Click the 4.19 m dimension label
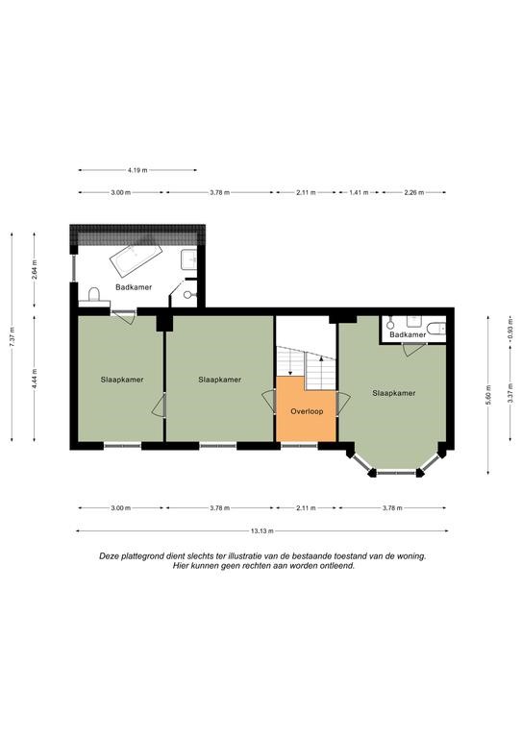tap(137, 170)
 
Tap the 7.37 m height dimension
tap(12, 337)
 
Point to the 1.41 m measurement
tap(360, 192)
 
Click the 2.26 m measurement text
tap(414, 192)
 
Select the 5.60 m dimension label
tap(488, 395)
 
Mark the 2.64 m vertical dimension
tap(35, 270)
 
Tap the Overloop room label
tap(307, 411)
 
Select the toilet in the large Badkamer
tap(94, 296)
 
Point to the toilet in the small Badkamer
tap(436, 327)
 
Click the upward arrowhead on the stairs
tap(321, 358)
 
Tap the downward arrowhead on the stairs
tap(291, 373)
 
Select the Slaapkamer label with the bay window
tap(394, 393)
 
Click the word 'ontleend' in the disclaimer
tap(338, 566)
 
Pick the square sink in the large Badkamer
tap(189, 259)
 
